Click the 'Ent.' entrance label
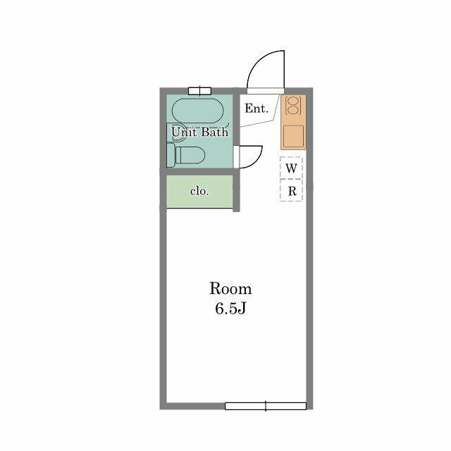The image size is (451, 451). [257, 109]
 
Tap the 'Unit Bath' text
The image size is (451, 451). [199, 132]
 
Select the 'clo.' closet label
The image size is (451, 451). [199, 191]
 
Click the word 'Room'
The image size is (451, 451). [230, 288]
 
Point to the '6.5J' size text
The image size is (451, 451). [230, 309]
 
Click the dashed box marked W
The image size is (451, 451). [291, 168]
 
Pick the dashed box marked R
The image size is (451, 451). [291, 190]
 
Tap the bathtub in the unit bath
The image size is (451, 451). [198, 111]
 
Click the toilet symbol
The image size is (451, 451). [186, 155]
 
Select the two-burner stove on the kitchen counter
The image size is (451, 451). [293, 106]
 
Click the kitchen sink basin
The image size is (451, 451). [293, 136]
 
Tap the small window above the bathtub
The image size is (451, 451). [199, 91]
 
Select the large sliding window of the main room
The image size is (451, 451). [266, 406]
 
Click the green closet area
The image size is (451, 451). [199, 191]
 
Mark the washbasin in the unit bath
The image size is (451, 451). [176, 132]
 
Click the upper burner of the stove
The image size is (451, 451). [294, 101]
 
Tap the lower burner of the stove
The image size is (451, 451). [294, 110]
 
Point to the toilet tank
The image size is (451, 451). [171, 155]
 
